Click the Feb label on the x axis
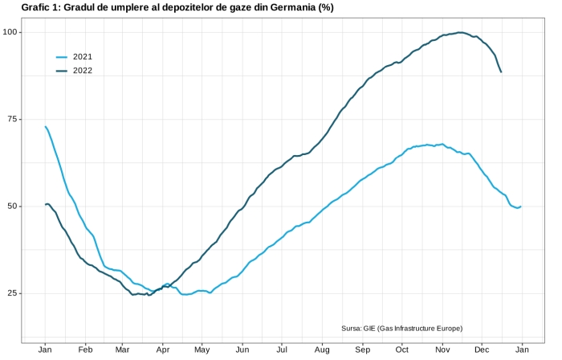point(85,350)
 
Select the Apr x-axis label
point(163,350)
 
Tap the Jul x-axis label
point(282,350)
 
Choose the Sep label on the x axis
point(363,350)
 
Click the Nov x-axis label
point(442,350)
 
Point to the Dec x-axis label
point(482,350)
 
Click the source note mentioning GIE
point(401,328)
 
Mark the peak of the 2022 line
point(460,32)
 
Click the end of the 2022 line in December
point(501,72)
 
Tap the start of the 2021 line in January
point(45,126)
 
